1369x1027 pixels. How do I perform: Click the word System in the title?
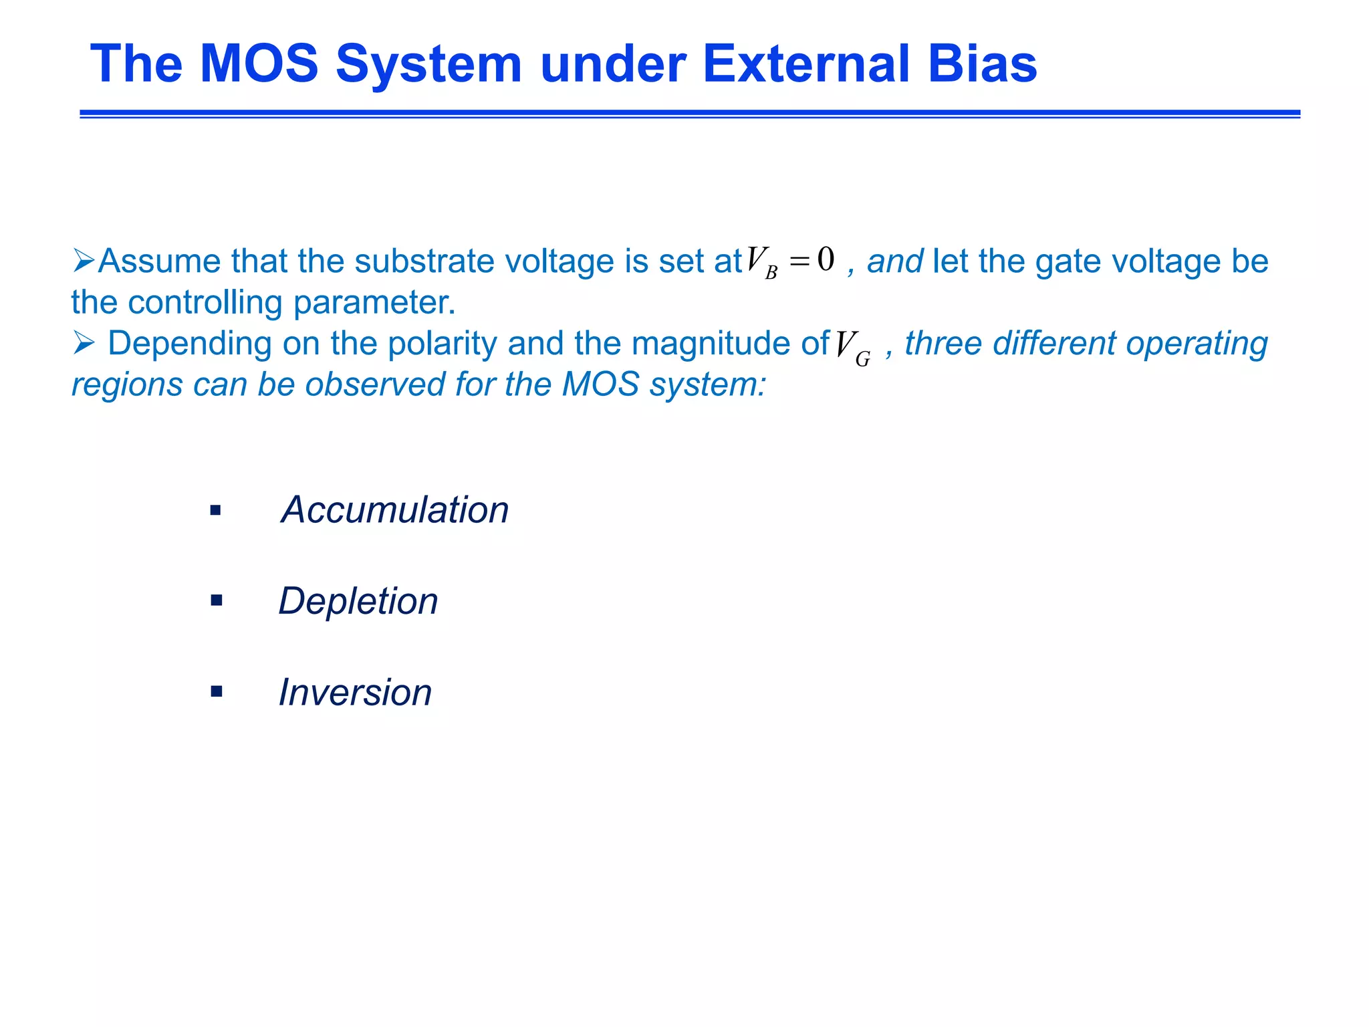[x=428, y=65]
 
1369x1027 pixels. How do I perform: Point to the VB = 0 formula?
[x=790, y=261]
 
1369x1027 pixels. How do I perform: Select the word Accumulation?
[x=395, y=509]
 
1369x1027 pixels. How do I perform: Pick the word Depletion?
[x=358, y=600]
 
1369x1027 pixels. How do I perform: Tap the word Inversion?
[x=355, y=692]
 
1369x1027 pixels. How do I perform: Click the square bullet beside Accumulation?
[x=215, y=511]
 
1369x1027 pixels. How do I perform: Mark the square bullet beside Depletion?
[x=216, y=600]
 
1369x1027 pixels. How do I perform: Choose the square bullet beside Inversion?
[x=216, y=691]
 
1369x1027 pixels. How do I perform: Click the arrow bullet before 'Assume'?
[x=84, y=260]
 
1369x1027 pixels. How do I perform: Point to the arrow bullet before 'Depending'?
[x=84, y=343]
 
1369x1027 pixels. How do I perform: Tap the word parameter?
[x=374, y=302]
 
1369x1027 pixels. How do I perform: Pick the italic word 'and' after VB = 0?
[x=894, y=261]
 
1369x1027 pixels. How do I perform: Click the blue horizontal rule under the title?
[x=690, y=114]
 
